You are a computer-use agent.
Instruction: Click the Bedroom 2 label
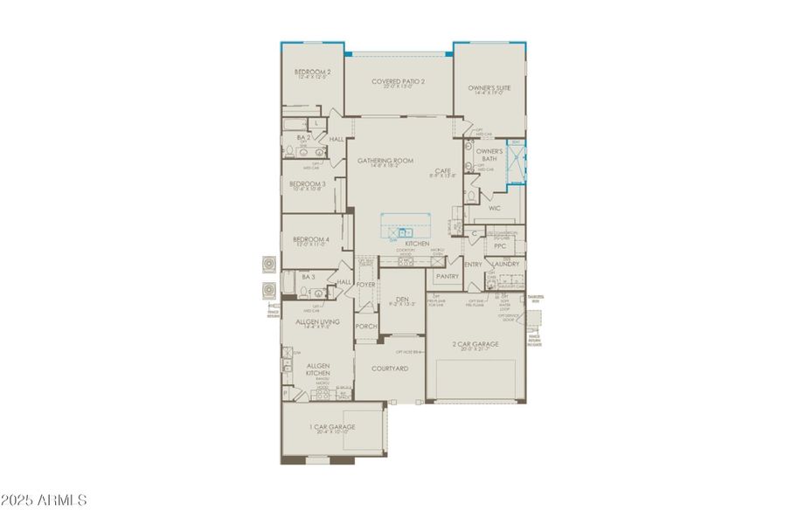312,72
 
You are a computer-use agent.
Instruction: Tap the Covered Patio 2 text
398,82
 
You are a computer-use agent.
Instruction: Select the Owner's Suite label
489,88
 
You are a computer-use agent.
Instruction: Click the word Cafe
442,170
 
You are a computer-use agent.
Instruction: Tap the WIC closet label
494,209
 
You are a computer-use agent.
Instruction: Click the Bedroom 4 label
311,239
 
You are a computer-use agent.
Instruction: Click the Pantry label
447,276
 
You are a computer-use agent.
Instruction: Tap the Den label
402,299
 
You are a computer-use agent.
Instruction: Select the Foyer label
366,284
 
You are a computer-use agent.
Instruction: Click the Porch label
366,327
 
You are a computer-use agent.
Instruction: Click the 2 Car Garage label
476,344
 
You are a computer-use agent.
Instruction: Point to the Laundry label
506,264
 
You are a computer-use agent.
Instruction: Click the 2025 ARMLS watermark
44,500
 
